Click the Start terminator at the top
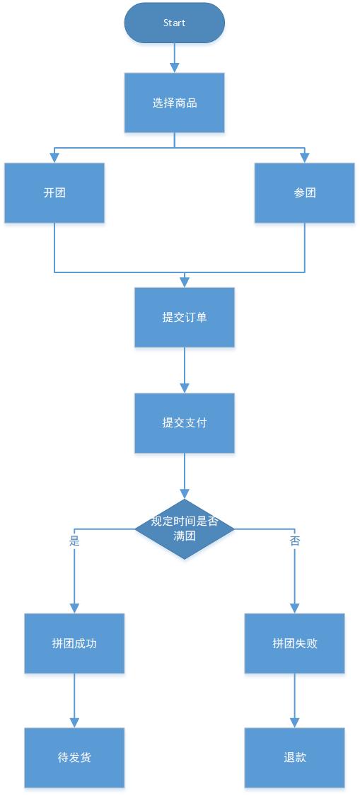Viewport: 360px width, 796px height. (x=174, y=23)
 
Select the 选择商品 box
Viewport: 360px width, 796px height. (x=174, y=103)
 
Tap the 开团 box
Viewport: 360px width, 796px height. (x=54, y=193)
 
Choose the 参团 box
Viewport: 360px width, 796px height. (x=305, y=193)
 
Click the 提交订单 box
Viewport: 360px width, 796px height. (x=185, y=317)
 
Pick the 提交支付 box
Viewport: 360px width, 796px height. (x=185, y=423)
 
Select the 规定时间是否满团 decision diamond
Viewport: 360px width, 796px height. (x=185, y=529)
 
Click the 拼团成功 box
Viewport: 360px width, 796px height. (x=74, y=643)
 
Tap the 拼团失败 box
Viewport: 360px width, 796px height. (x=295, y=643)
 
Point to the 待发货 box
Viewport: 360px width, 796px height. (x=74, y=757)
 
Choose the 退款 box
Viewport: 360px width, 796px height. (x=295, y=757)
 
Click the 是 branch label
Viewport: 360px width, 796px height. (x=74, y=541)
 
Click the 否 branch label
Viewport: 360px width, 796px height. (x=295, y=541)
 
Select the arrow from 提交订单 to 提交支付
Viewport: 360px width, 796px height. (x=185, y=370)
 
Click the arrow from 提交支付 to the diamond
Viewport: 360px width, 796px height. (x=185, y=476)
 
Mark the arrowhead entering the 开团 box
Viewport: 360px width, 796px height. (x=54, y=158)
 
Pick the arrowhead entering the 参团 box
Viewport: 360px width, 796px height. (x=305, y=158)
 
